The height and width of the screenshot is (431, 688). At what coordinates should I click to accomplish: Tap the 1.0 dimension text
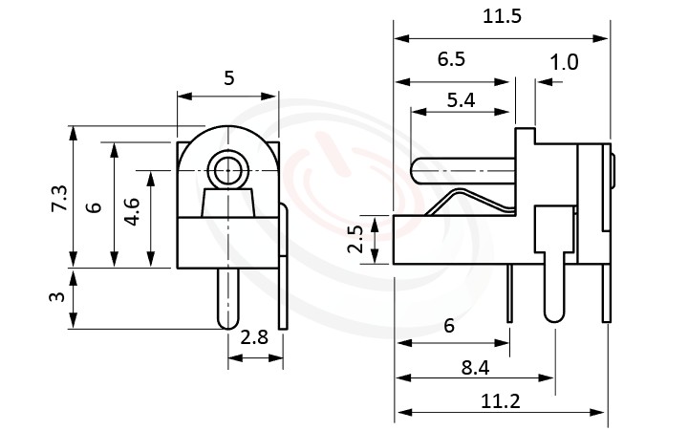click(x=565, y=63)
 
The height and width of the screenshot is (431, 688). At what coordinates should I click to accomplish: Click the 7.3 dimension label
click(x=59, y=197)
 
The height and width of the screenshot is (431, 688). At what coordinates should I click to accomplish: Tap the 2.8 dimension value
click(x=254, y=339)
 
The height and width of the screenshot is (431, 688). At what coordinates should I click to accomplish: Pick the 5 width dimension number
click(x=228, y=79)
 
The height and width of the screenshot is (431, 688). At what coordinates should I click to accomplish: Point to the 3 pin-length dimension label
click(x=59, y=297)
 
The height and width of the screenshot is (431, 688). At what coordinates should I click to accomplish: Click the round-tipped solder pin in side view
click(x=553, y=287)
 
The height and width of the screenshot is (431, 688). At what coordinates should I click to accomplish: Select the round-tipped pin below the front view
click(x=227, y=298)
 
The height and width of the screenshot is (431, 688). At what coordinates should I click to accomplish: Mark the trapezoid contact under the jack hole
click(x=227, y=204)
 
